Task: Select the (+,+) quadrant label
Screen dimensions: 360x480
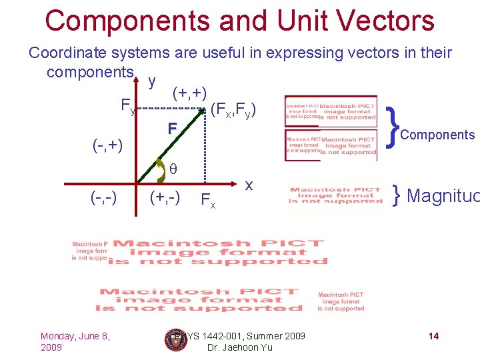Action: click(189, 93)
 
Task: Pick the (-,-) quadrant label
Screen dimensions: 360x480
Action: click(104, 197)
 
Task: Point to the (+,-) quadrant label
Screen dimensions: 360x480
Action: click(163, 197)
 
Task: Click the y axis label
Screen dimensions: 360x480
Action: click(153, 81)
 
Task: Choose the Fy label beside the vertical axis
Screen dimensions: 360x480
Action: click(127, 105)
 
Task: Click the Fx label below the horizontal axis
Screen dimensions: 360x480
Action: click(208, 199)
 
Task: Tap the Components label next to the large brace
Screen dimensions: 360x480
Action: click(437, 135)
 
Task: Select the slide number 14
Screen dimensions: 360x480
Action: click(433, 336)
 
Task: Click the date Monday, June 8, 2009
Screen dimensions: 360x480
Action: click(75, 341)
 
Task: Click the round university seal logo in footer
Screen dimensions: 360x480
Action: click(175, 339)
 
